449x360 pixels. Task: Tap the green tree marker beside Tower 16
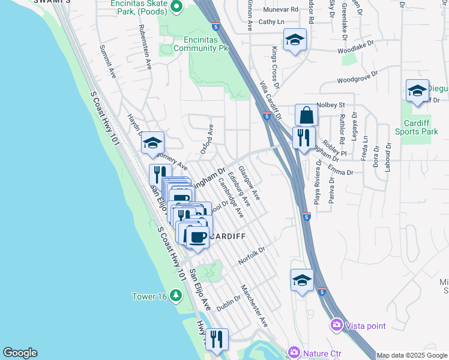point(175,295)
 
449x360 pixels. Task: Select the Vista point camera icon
point(336,325)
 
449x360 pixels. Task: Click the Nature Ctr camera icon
point(294,352)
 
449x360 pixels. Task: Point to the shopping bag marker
point(306,115)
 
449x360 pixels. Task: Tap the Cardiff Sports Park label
point(416,127)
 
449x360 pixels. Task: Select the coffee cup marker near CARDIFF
point(197,236)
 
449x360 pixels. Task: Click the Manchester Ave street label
point(255,306)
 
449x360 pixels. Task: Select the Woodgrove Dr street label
point(357,76)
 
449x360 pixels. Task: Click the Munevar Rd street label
point(281,10)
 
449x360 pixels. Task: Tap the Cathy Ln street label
point(271,22)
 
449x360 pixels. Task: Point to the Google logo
point(20,353)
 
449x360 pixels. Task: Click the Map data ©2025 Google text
point(412,355)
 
